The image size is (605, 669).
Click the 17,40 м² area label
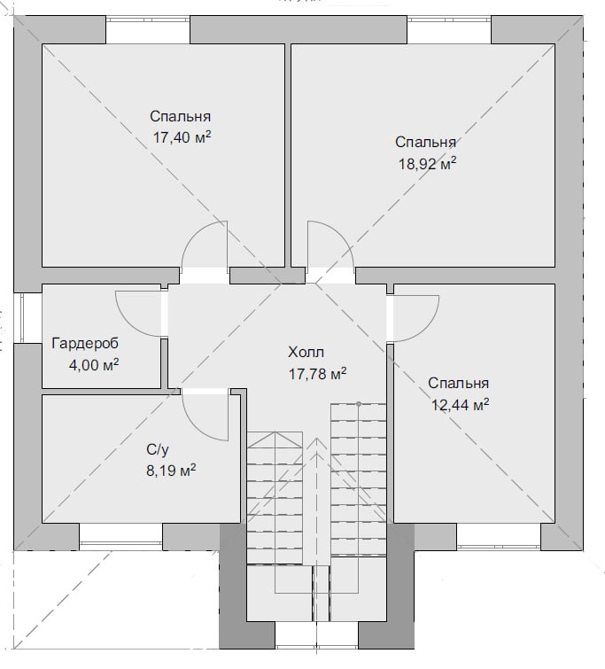(182, 137)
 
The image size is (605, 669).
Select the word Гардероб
(85, 344)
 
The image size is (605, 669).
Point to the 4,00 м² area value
(94, 365)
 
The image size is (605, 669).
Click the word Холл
(306, 353)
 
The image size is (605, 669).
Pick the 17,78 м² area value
(317, 374)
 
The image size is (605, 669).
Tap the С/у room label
(158, 449)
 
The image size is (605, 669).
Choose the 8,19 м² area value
(171, 471)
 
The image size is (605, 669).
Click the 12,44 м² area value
(461, 404)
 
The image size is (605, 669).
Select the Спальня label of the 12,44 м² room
(458, 383)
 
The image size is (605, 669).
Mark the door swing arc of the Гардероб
(128, 323)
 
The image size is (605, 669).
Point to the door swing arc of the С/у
(198, 427)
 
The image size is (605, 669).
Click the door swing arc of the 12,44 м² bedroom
(426, 330)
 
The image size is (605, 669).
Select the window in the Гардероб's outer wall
(21, 317)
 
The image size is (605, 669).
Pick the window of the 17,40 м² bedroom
(148, 19)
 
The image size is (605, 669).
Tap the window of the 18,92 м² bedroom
(449, 19)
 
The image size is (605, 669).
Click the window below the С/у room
(120, 543)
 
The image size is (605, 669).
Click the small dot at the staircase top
(359, 403)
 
